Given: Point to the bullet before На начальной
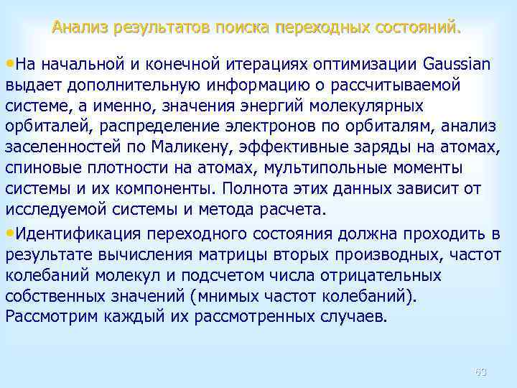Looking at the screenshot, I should tap(9, 63).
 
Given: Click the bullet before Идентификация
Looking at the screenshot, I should tap(9, 234).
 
